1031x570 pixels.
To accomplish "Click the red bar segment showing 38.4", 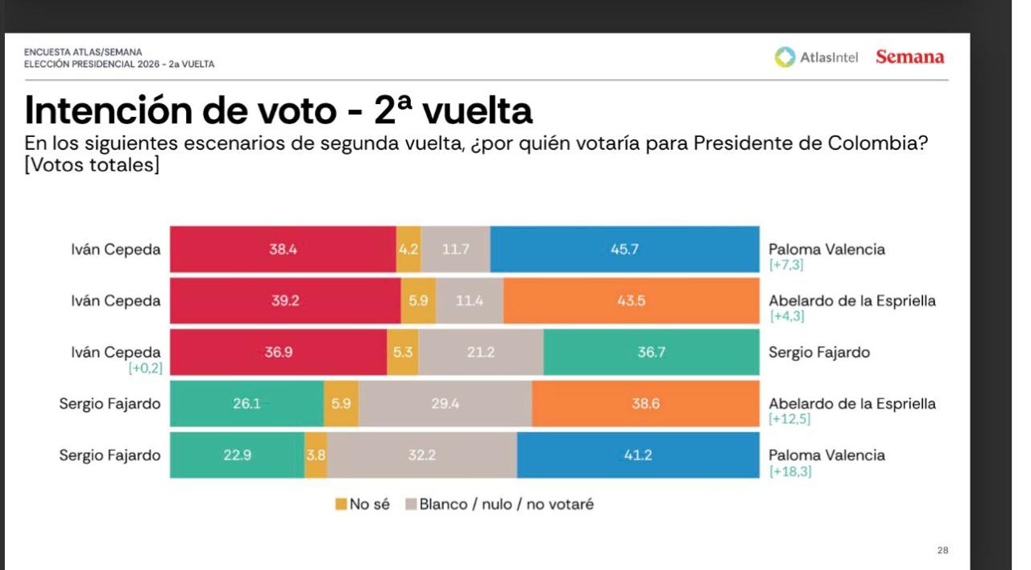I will point(283,249).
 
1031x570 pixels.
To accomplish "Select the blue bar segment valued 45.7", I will point(624,249).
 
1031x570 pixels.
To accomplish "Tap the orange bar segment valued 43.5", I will point(631,301).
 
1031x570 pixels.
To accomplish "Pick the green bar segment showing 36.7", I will point(651,352).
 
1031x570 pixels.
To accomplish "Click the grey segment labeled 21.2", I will point(481,352).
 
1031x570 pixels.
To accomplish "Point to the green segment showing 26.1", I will point(246,404).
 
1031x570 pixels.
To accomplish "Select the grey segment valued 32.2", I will point(422,456).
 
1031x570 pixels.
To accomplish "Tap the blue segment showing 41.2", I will point(637,456).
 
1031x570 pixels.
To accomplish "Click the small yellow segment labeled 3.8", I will point(316,456).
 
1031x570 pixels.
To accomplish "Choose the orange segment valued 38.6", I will point(645,404).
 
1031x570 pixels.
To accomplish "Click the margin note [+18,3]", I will point(790,472).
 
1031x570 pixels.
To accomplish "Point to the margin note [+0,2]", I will point(144,368).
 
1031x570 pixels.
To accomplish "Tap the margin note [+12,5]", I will point(790,420).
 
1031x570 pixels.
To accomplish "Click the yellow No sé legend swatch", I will point(341,505).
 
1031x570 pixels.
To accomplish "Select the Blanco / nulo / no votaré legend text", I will point(506,505).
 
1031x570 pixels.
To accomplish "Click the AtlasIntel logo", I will point(817,57).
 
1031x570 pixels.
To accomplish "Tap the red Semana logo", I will point(909,57).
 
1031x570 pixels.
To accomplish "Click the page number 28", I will point(942,551).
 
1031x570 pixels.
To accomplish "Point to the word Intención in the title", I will point(106,110).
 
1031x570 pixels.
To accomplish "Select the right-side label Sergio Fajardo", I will point(818,352).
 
